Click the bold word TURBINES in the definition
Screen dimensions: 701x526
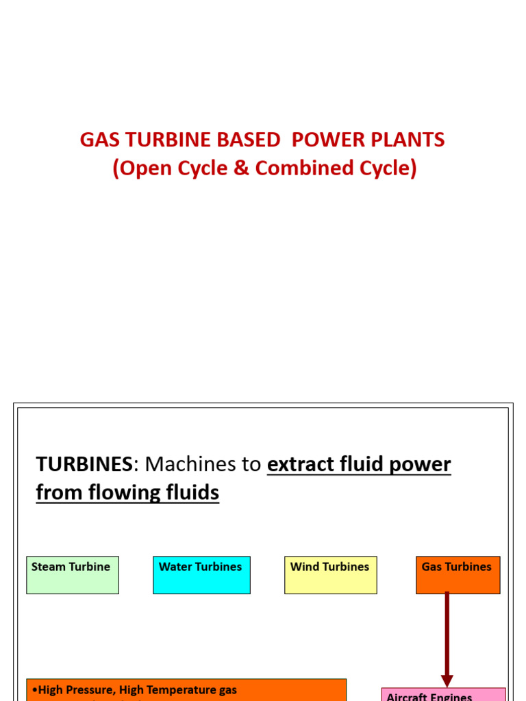point(84,465)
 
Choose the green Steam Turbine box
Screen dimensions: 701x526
point(73,575)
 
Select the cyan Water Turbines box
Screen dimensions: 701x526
point(201,575)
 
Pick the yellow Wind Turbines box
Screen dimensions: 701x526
point(330,575)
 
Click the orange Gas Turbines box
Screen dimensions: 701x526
point(458,575)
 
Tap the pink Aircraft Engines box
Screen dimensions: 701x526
point(443,693)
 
